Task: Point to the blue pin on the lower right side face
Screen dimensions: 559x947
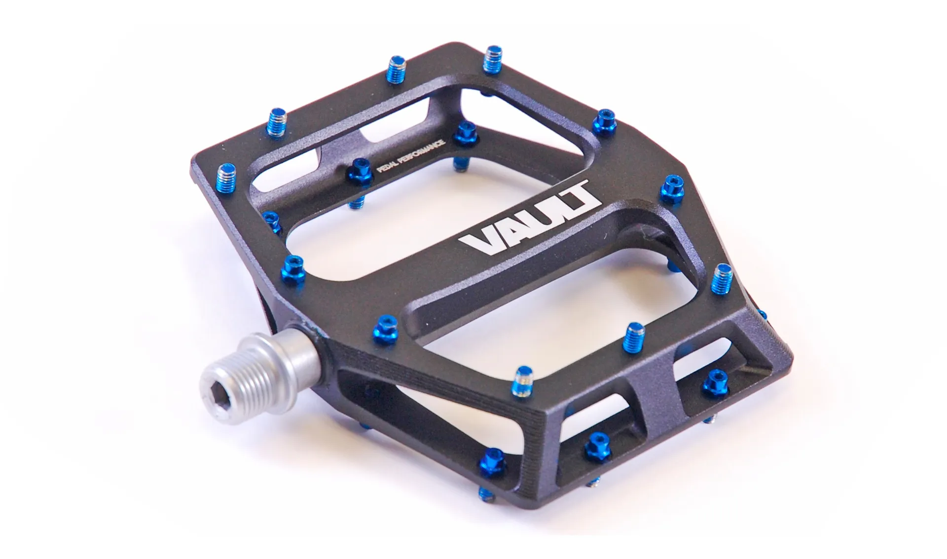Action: pyautogui.click(x=711, y=384)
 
